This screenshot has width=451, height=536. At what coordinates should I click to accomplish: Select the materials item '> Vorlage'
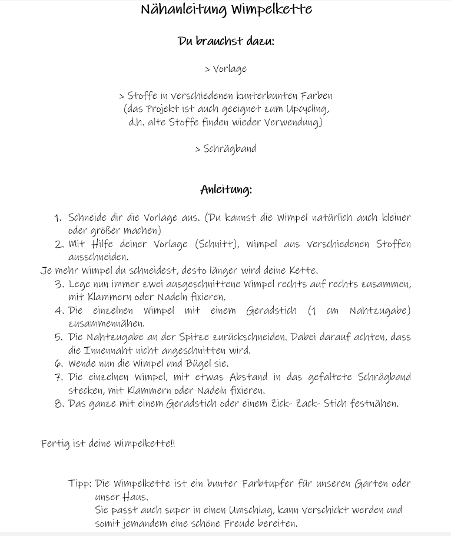pos(225,69)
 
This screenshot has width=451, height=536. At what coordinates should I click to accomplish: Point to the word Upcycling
pos(307,109)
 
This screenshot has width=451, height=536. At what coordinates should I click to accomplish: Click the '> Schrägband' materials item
pos(225,149)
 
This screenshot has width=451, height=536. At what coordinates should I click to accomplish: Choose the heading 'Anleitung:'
pos(226,189)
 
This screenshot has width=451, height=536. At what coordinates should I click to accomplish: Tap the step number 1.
pos(57,218)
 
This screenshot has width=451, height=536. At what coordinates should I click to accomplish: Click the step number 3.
pos(58,285)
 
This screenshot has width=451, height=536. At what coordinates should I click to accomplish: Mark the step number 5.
pos(58,338)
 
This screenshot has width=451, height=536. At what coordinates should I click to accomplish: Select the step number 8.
pos(58,404)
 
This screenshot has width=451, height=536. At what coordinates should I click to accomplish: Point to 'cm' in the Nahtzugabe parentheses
pos(332,311)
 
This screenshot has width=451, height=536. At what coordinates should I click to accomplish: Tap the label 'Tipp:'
pos(79,484)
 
